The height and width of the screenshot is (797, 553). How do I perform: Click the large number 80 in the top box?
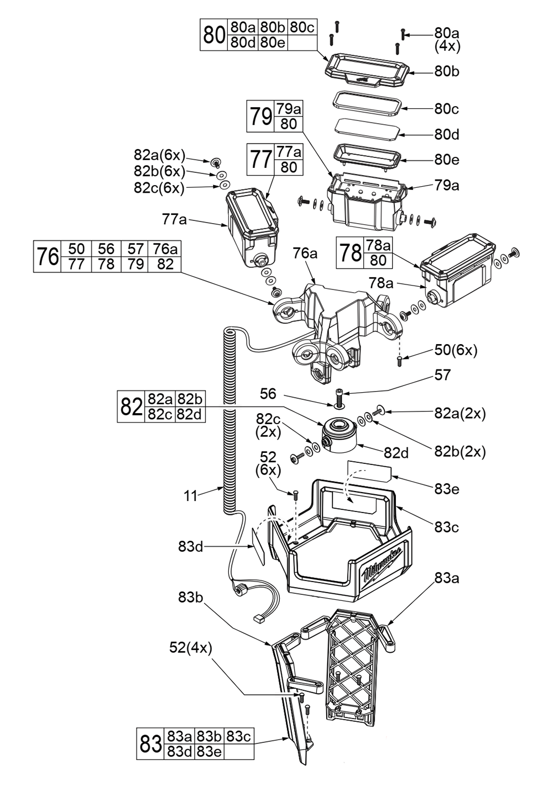(x=213, y=35)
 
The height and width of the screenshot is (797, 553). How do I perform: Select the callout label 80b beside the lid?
(x=447, y=72)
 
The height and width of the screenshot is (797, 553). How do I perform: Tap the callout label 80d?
(x=447, y=135)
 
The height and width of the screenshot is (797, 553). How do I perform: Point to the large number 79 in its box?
(x=260, y=117)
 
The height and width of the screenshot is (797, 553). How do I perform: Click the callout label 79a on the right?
(x=447, y=186)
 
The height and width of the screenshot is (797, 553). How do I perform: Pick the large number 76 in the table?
(x=48, y=257)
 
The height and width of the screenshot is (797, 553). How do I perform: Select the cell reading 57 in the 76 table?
(x=135, y=249)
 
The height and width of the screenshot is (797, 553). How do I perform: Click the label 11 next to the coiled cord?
(x=190, y=496)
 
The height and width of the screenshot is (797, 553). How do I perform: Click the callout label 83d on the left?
(x=190, y=547)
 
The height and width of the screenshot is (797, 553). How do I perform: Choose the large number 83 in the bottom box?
(x=150, y=744)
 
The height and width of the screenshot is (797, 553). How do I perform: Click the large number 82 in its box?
(x=132, y=407)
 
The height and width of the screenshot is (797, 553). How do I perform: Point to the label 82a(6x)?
(x=159, y=155)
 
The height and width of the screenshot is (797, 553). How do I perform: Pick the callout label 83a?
(x=446, y=579)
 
